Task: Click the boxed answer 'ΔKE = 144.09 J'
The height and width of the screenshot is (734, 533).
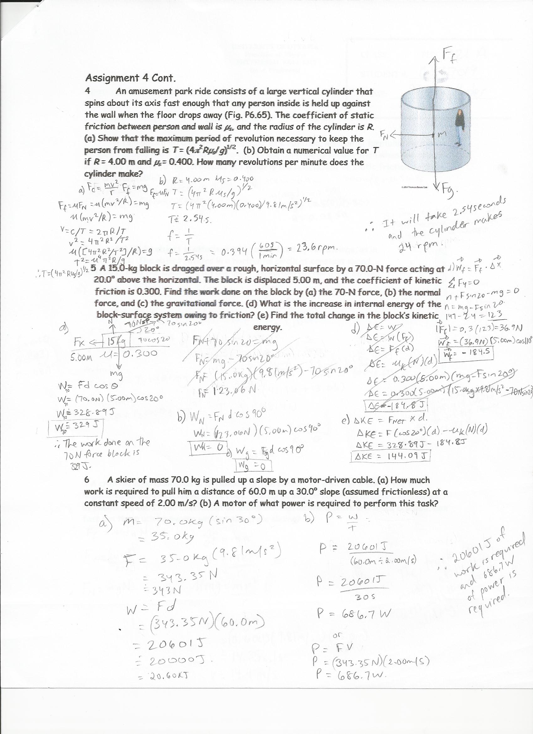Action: pos(393,458)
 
